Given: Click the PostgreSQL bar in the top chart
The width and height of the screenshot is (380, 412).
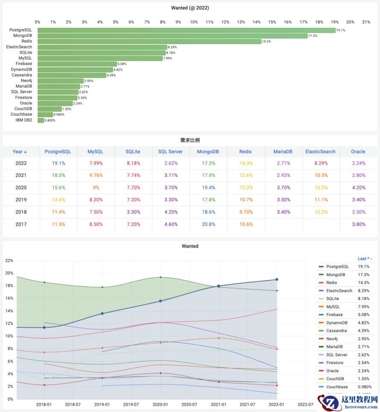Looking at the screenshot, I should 186,30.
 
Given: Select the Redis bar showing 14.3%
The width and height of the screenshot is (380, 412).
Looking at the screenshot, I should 149,41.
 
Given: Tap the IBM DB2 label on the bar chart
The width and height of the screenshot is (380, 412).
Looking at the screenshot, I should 24,120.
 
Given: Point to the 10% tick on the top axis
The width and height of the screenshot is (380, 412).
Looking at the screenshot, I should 194,22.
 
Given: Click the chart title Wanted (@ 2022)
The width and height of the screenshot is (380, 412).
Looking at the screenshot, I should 190,8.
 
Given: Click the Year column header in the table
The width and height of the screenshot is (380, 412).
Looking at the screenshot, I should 20,151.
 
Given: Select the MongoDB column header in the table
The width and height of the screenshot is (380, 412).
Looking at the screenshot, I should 208,151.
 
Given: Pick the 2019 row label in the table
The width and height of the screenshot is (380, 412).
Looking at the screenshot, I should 20,199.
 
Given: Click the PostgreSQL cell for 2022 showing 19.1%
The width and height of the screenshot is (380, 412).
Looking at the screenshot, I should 58,163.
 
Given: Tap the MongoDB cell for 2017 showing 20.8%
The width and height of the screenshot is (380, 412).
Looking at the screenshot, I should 208,224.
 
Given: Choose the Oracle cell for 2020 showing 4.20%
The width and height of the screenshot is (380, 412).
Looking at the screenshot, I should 358,187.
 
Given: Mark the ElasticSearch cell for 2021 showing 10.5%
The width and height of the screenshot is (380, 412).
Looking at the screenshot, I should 320,175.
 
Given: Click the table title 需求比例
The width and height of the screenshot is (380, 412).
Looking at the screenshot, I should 190,140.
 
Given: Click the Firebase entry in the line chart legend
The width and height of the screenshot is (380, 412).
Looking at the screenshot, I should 334,314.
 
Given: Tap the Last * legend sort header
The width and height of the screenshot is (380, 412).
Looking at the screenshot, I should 365,259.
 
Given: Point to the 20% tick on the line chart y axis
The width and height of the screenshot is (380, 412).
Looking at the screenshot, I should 9,273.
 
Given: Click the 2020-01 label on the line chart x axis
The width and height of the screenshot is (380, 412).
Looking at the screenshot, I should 160,404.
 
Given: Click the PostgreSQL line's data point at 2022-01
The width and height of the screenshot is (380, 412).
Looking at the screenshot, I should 277,279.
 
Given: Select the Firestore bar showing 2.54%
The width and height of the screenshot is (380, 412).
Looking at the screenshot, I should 57,98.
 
